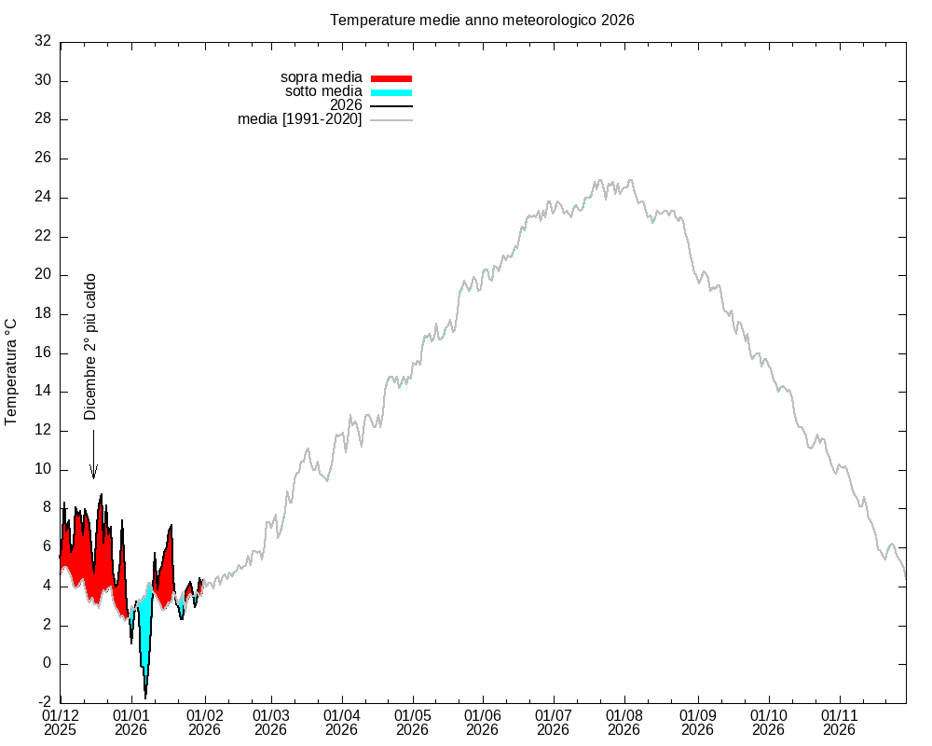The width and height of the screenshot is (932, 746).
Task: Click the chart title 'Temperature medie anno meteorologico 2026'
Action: pyautogui.click(x=482, y=20)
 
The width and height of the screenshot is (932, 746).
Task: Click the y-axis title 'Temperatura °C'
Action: pyautogui.click(x=11, y=371)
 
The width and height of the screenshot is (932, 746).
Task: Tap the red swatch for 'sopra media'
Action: pyautogui.click(x=391, y=78)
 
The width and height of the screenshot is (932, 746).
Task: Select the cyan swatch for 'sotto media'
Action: pyautogui.click(x=391, y=92)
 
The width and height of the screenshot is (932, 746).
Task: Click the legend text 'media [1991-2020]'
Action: pyautogui.click(x=299, y=119)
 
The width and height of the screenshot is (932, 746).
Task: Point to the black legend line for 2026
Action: pyautogui.click(x=391, y=106)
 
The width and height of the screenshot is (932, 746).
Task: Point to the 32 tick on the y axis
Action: pyautogui.click(x=42, y=41)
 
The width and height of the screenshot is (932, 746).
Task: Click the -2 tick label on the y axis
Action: pyautogui.click(x=42, y=702)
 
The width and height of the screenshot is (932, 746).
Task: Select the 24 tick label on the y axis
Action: pyautogui.click(x=42, y=198)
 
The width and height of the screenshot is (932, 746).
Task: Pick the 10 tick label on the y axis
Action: pyautogui.click(x=42, y=469)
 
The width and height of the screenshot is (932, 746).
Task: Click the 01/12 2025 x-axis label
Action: pyautogui.click(x=61, y=722)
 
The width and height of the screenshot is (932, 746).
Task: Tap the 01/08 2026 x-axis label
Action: pyautogui.click(x=624, y=722)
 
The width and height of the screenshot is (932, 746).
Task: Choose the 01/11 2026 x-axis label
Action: pyautogui.click(x=839, y=722)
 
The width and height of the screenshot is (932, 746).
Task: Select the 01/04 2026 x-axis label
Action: pyautogui.click(x=342, y=722)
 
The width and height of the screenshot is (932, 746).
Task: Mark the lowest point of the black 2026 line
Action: pyautogui.click(x=145, y=698)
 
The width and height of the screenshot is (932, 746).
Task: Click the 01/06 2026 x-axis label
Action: pyautogui.click(x=483, y=722)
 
